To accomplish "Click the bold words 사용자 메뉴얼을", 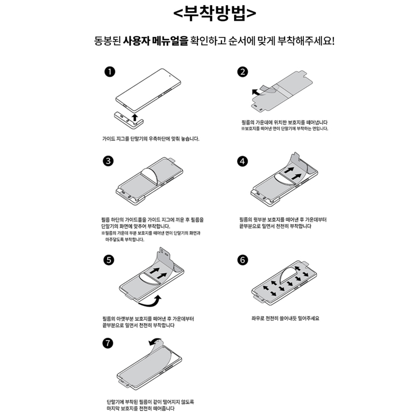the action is coord(155,41).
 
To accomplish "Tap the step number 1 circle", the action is coord(110,72).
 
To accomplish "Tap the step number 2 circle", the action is coord(243,72).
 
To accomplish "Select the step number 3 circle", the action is coord(108,161).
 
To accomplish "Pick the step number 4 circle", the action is coord(243,161).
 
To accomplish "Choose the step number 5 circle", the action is coord(109,260).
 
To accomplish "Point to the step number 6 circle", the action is coord(243,260).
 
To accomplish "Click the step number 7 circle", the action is coord(108,343).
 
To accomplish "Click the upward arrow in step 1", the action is coord(135,117).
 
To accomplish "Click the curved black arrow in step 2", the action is coord(257,93).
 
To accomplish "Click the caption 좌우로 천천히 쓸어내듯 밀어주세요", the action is coord(285,318).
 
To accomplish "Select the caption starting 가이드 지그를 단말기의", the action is coord(151,139).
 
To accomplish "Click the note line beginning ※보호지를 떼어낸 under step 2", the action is coord(285,129).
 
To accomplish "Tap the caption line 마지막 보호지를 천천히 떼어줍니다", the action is coord(140,408).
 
